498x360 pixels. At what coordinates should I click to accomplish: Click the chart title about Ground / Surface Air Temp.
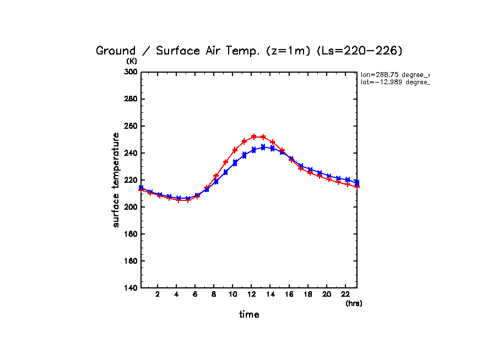click(249, 51)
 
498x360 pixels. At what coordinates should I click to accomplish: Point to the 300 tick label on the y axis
click(131, 72)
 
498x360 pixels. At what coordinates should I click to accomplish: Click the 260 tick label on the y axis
click(131, 126)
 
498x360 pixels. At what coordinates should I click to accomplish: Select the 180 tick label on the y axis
click(131, 234)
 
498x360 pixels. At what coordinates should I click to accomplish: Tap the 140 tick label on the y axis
click(131, 288)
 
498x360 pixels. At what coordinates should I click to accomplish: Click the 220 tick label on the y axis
click(131, 180)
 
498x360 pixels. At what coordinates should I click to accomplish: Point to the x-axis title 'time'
click(249, 315)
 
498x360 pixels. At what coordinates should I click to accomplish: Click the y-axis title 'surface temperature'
click(116, 180)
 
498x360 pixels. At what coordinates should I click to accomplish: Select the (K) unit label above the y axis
click(132, 61)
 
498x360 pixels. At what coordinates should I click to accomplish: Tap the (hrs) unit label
click(354, 303)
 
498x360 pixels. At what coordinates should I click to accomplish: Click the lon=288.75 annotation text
click(394, 74)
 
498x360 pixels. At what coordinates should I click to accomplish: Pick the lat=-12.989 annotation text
click(394, 82)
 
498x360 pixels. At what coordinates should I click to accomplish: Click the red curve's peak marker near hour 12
click(254, 137)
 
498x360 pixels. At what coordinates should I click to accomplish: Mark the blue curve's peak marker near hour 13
click(263, 147)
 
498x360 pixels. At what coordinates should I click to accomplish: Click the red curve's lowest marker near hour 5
click(188, 200)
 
